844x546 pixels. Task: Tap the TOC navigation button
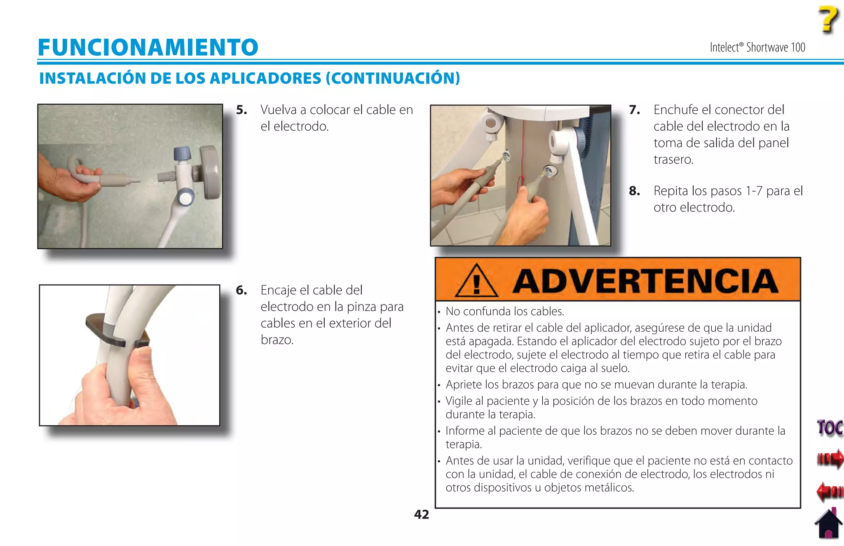tap(830, 428)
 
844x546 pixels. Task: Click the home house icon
tap(828, 525)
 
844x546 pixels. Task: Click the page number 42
tap(421, 514)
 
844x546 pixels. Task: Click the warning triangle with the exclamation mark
tap(477, 281)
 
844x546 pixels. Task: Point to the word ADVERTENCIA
tap(645, 281)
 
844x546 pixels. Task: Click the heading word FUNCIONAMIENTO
tap(148, 47)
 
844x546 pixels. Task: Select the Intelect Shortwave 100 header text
tap(757, 47)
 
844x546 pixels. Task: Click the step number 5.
tap(241, 110)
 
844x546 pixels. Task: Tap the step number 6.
tap(241, 291)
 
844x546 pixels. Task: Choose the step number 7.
tap(634, 110)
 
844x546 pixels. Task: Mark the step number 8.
tap(634, 191)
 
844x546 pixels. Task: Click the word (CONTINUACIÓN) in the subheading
tap(393, 78)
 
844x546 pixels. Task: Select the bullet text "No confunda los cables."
tap(504, 312)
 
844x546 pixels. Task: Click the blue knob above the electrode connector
tap(182, 153)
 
